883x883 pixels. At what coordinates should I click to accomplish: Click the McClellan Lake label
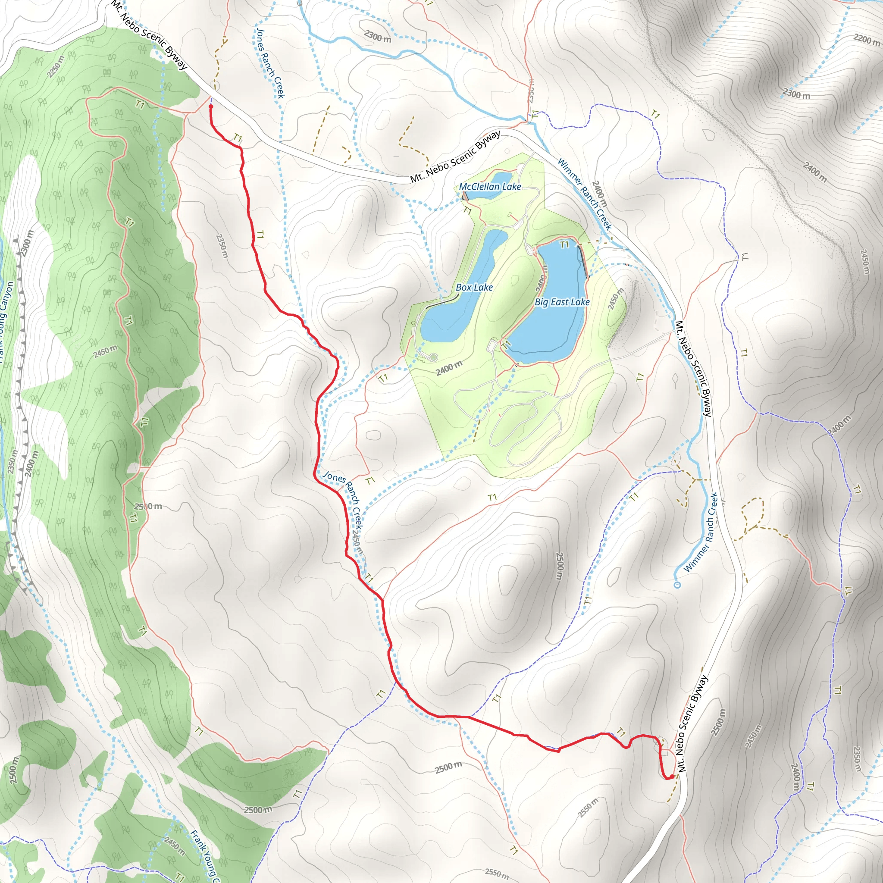click(x=490, y=186)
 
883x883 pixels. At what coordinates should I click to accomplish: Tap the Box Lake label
click(x=474, y=288)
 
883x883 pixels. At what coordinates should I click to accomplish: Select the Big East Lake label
click(x=562, y=302)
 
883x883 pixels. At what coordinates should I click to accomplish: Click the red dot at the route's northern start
click(x=211, y=107)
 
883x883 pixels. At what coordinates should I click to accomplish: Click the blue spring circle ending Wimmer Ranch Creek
click(x=677, y=585)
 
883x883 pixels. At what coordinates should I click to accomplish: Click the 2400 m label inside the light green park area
click(x=449, y=368)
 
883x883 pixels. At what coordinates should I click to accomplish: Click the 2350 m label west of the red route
click(x=222, y=246)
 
